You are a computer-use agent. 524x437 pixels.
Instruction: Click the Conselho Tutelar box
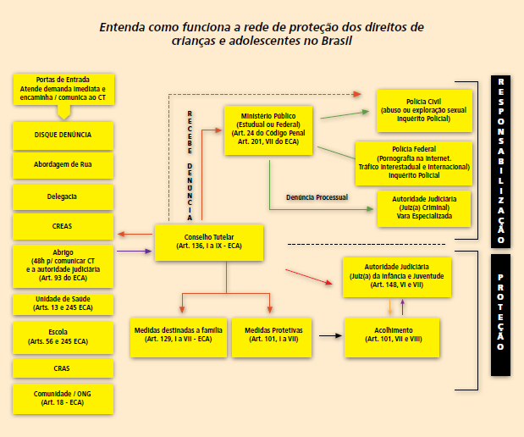point(209,242)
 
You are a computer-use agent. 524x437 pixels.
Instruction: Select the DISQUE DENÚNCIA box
point(63,135)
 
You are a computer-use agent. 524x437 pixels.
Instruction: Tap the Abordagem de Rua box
point(63,165)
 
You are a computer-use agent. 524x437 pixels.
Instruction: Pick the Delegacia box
point(63,196)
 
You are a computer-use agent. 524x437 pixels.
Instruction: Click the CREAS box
point(63,227)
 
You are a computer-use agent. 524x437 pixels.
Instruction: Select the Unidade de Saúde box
point(63,304)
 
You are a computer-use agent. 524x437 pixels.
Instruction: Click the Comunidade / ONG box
point(63,399)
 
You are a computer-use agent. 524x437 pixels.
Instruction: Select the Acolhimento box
point(391,334)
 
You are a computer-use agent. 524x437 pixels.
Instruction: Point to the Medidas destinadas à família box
point(177,334)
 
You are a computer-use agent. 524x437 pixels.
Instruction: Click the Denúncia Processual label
point(317,197)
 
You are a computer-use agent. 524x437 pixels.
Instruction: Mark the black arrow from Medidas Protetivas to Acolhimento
point(330,335)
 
